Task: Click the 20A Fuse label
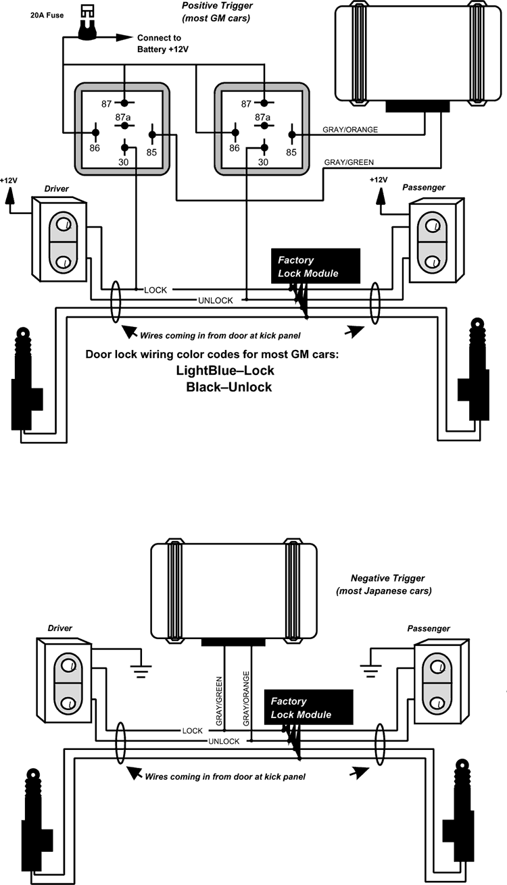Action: [x=47, y=16]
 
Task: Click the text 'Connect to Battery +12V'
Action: [x=162, y=43]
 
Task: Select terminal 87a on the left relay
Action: [x=124, y=126]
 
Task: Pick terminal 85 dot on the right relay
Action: [x=292, y=135]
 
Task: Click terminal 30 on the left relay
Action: [x=124, y=148]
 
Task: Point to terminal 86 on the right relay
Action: [x=235, y=132]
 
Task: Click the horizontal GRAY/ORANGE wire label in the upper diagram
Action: [x=350, y=130]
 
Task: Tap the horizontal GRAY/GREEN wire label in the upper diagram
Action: [x=349, y=162]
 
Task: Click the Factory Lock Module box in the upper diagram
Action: [x=316, y=266]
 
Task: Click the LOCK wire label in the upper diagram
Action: [x=155, y=290]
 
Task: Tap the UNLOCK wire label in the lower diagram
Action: [x=224, y=741]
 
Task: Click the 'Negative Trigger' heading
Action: [x=387, y=578]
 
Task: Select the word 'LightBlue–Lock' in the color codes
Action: [x=225, y=371]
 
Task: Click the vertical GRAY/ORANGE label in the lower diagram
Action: [x=246, y=698]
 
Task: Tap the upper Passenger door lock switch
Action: [x=436, y=241]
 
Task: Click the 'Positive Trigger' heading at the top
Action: [x=217, y=6]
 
